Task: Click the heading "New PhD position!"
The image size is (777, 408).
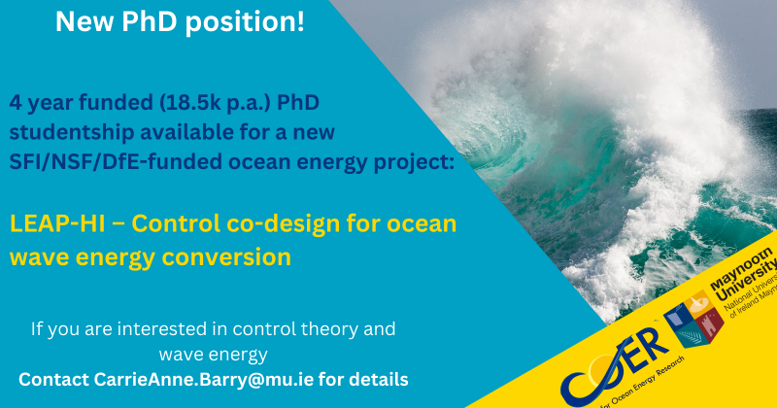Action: (x=180, y=22)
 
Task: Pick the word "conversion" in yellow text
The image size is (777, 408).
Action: (x=232, y=257)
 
